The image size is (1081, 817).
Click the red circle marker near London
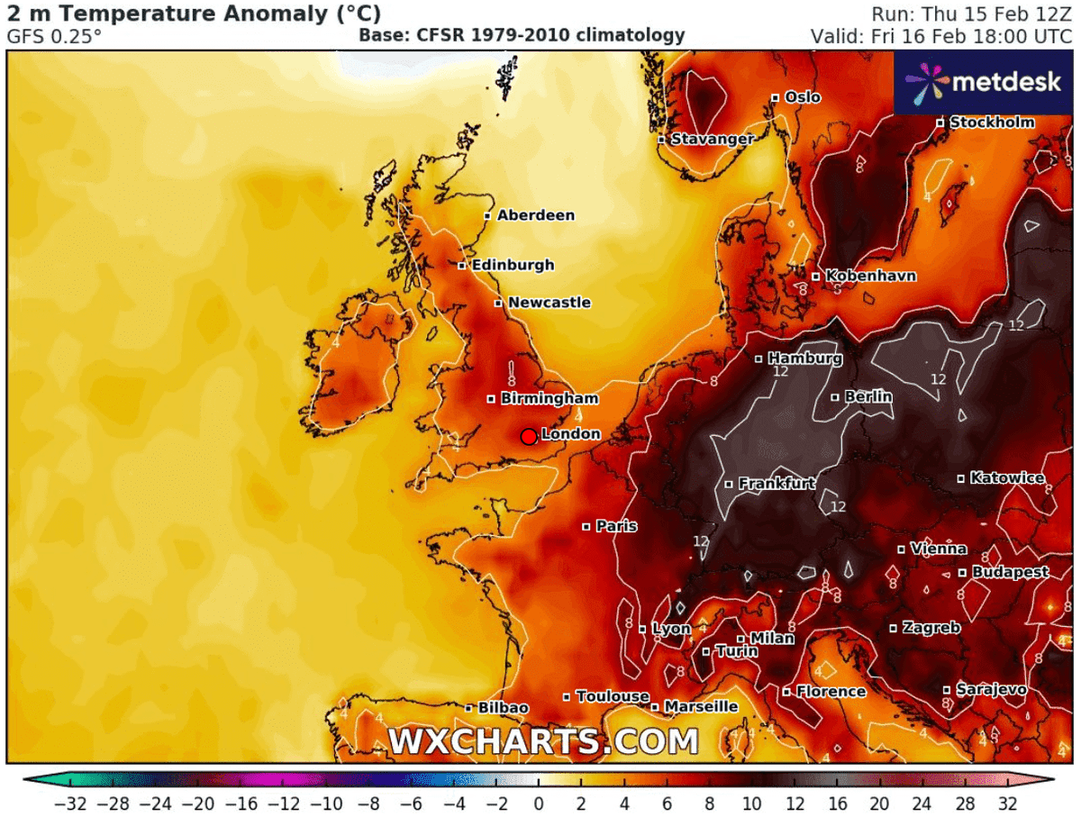(529, 436)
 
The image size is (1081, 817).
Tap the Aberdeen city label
(535, 215)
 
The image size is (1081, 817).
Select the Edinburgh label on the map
(513, 265)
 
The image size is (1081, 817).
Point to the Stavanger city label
(712, 140)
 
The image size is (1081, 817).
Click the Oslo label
(803, 97)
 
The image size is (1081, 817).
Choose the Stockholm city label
(992, 123)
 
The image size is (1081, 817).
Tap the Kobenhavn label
(871, 276)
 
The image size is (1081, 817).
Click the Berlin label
(868, 396)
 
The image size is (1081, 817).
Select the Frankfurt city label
(777, 484)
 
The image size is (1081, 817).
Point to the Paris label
(616, 526)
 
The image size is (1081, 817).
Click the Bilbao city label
(503, 708)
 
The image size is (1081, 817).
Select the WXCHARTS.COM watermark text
(543, 741)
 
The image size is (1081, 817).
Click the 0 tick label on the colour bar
(539, 803)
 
